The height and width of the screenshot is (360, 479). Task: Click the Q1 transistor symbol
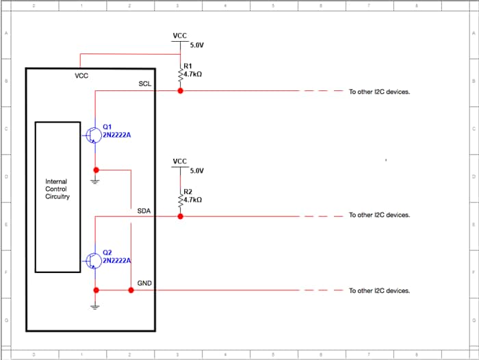[92, 135]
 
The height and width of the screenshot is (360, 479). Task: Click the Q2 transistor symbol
[92, 260]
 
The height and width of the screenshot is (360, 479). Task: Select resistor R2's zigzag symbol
[181, 200]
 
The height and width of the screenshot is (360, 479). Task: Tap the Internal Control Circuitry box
[57, 196]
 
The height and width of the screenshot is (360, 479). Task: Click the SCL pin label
[145, 84]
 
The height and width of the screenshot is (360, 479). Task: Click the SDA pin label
[144, 211]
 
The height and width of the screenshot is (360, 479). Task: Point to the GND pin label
[144, 283]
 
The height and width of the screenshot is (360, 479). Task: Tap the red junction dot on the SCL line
[181, 90]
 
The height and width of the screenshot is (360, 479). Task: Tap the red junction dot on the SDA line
[181, 216]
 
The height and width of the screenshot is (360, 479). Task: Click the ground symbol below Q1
[96, 181]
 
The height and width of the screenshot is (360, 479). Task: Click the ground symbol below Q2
[96, 305]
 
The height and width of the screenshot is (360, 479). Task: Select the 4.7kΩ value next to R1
[193, 73]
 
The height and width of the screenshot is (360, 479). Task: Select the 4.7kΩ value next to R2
[193, 199]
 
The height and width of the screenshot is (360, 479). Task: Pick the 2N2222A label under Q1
[116, 135]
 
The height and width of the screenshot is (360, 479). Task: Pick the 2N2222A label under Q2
[116, 261]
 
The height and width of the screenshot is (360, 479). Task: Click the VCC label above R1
[180, 36]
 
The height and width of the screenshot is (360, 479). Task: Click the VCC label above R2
[180, 162]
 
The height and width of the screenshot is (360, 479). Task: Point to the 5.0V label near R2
[197, 170]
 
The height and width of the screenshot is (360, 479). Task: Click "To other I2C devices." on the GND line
[379, 290]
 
